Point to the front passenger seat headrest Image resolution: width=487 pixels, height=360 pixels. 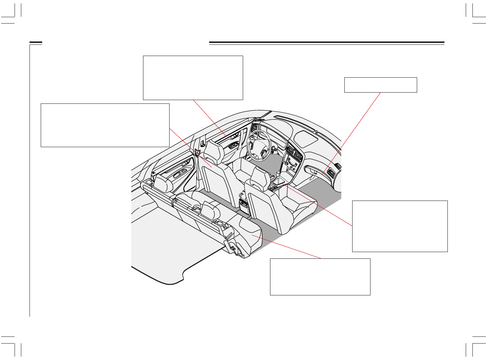pyautogui.click(x=260, y=177)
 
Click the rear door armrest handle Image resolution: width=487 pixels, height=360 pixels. pyautogui.click(x=182, y=173)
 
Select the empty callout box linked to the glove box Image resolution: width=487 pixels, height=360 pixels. pyautogui.click(x=380, y=85)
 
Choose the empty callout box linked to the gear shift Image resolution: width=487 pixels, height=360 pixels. pyautogui.click(x=400, y=226)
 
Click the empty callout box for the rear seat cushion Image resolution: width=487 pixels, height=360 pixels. pyautogui.click(x=320, y=276)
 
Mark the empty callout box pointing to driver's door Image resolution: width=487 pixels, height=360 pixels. pyautogui.click(x=193, y=78)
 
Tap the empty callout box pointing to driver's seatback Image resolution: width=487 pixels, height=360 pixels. pyautogui.click(x=105, y=125)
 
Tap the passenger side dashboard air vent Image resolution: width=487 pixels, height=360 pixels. pyautogui.click(x=330, y=172)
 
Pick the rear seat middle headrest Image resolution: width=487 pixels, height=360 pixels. pyautogui.click(x=210, y=211)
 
